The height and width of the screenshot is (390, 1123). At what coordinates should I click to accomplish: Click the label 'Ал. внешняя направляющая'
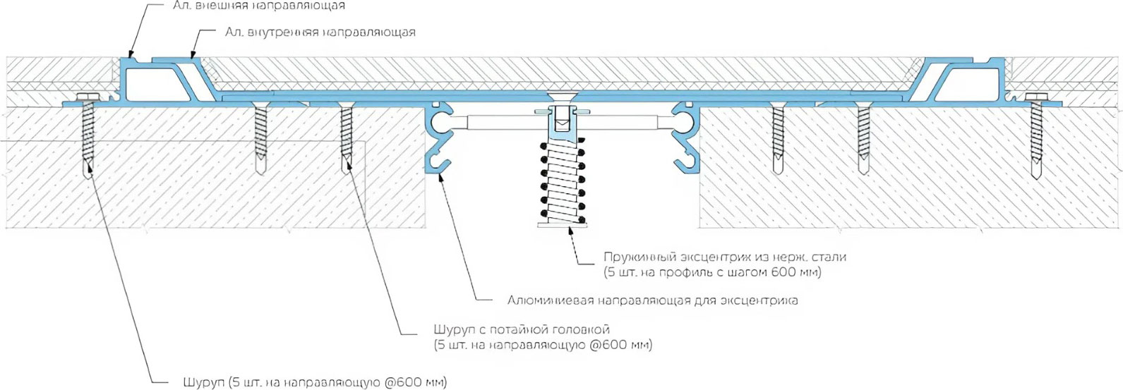[x=258, y=6]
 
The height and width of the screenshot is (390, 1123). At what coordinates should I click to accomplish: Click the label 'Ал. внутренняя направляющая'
[x=320, y=32]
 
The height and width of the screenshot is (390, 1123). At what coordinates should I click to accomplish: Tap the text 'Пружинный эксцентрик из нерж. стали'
[x=724, y=257]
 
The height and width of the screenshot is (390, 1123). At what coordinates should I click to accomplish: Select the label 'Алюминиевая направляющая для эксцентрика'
[x=653, y=300]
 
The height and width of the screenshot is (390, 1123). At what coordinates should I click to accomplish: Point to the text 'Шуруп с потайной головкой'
[x=521, y=329]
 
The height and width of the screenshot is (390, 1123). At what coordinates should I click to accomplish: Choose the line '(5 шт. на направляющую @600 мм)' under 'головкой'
[x=543, y=346]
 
